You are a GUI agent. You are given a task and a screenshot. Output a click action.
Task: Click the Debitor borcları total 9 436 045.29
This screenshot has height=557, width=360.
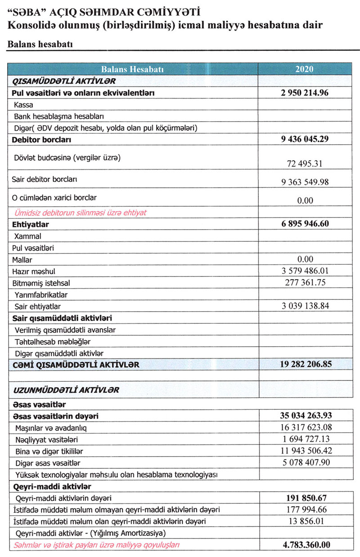click(x=305, y=139)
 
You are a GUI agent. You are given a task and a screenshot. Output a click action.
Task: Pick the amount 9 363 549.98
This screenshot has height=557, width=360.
click(x=305, y=181)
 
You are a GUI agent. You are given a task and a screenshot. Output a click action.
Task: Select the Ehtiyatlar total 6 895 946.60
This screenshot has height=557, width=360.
click(x=305, y=224)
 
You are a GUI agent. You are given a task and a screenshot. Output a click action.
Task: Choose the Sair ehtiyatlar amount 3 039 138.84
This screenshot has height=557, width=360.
click(x=305, y=306)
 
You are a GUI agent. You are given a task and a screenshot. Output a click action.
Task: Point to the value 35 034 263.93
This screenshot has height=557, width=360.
click(x=305, y=415)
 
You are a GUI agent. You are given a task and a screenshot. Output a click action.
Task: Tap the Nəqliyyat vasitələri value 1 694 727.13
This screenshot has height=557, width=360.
click(x=305, y=439)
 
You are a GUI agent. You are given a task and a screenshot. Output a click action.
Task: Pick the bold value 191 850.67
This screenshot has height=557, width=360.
click(x=305, y=498)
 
